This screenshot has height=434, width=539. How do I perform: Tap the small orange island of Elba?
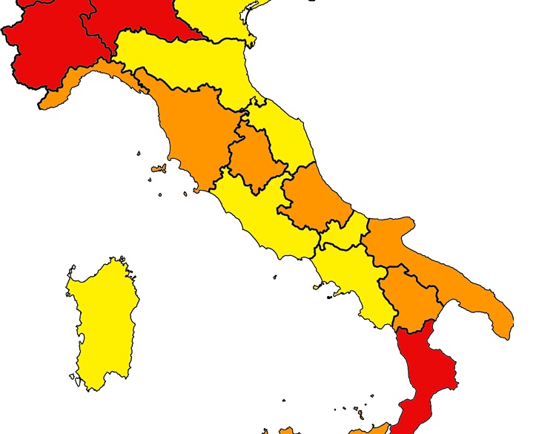point(158,168)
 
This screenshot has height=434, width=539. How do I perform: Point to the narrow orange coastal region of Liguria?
point(89,77)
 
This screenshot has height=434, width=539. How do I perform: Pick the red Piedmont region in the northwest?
point(44,45)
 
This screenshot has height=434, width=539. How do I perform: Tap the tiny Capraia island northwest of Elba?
point(139,154)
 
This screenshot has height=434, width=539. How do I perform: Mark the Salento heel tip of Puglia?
point(504,323)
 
